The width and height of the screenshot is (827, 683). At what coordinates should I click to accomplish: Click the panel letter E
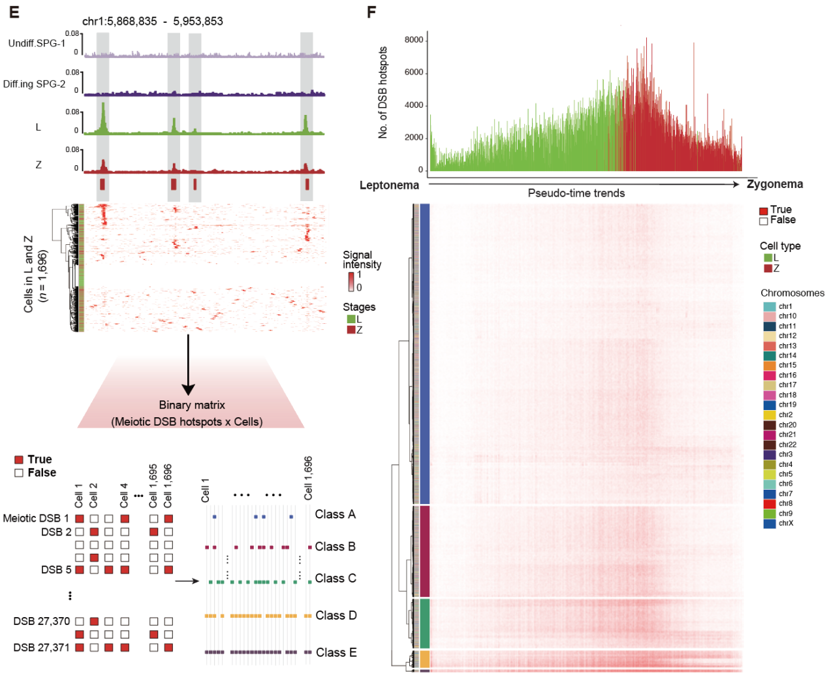(x=14, y=12)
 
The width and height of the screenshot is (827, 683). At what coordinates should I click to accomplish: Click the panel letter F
(x=371, y=12)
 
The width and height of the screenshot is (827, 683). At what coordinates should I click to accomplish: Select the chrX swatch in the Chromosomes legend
(x=769, y=523)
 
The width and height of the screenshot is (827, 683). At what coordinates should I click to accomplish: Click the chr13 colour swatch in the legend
(x=769, y=345)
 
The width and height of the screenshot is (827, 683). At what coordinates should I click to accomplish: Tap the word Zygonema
(x=775, y=184)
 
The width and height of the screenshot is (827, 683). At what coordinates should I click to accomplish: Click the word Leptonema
(x=389, y=185)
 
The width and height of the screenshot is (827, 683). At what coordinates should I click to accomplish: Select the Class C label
(x=335, y=578)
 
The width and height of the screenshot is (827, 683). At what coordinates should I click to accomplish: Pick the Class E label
(x=336, y=652)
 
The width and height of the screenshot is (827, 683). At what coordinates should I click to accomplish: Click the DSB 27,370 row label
(x=42, y=621)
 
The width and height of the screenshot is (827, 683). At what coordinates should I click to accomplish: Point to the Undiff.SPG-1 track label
(x=37, y=43)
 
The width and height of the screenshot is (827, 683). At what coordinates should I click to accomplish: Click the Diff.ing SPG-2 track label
(x=34, y=84)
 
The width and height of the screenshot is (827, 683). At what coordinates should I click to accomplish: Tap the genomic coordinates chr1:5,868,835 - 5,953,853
(x=153, y=21)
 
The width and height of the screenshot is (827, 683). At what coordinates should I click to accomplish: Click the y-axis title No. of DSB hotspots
(x=382, y=93)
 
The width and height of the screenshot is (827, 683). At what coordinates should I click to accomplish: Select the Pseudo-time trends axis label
(x=576, y=193)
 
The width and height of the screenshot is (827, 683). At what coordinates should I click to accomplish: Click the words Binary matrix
(x=192, y=405)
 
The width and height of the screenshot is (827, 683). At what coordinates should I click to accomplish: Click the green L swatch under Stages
(x=351, y=319)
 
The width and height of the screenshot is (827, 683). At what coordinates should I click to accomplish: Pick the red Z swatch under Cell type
(x=768, y=268)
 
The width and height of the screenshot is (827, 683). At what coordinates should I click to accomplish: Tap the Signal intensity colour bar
(x=351, y=281)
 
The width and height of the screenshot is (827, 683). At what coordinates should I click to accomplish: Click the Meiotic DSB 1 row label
(x=36, y=518)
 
